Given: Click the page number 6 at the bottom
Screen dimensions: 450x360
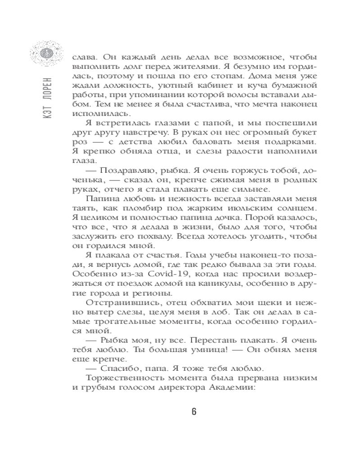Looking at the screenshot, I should pyautogui.click(x=194, y=412).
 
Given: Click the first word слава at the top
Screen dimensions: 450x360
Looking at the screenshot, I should pyautogui.click(x=83, y=57).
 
